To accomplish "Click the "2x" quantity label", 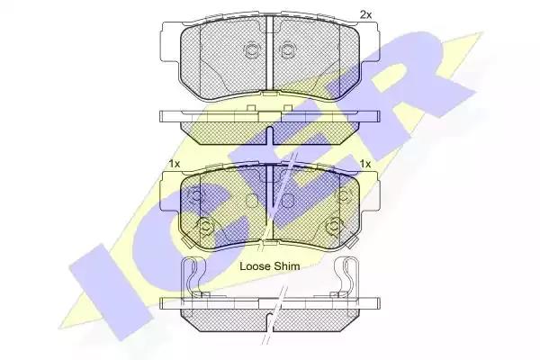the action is tap(365, 14).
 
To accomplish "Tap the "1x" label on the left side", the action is tap(175, 164).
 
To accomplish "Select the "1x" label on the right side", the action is tap(365, 164).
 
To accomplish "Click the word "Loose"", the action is tap(255, 266).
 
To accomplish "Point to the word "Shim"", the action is tap(286, 266).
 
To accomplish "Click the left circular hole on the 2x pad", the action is tap(252, 50).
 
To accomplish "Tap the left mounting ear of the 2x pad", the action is tap(171, 42).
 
